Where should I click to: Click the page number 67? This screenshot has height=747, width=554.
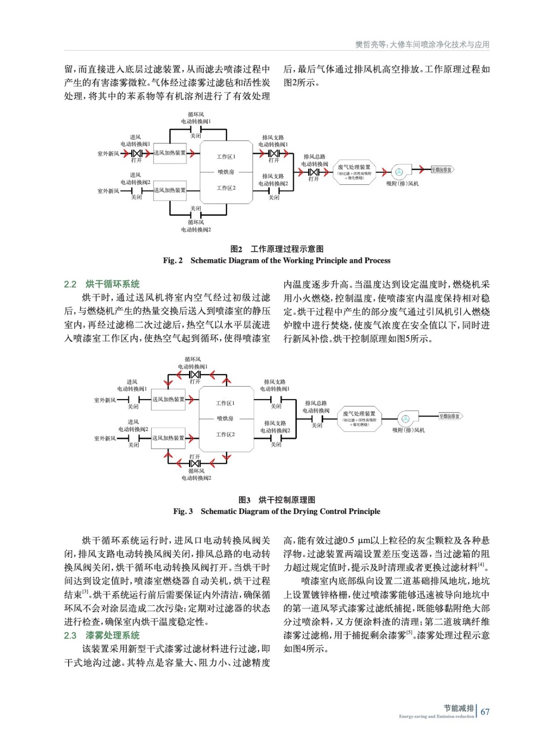[485, 712]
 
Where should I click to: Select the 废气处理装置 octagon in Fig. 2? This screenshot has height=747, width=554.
[354, 172]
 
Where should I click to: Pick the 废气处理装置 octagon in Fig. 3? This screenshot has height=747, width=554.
[359, 418]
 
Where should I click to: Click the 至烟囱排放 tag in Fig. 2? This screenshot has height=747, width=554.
[442, 170]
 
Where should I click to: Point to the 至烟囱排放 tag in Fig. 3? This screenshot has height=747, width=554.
[450, 416]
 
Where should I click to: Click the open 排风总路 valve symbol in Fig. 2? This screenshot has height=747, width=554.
[314, 172]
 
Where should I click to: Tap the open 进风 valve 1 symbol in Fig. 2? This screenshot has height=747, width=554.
[136, 153]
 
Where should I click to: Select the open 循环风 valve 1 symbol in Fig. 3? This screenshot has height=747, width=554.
[195, 374]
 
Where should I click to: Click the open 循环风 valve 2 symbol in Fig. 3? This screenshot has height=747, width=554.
[195, 463]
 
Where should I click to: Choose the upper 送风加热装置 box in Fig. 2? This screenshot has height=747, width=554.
[170, 153]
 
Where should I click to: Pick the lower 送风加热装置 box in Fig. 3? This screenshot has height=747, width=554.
[168, 438]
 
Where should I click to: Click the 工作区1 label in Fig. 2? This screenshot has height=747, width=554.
[226, 157]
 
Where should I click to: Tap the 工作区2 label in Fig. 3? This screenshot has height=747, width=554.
[225, 435]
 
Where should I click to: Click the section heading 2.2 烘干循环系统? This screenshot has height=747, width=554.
[102, 284]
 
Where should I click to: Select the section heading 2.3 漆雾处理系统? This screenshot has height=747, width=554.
[102, 635]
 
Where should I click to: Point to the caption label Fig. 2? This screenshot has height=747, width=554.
[173, 261]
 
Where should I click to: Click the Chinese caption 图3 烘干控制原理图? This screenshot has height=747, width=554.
[277, 500]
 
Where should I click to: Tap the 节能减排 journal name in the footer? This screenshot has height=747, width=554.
[458, 708]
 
